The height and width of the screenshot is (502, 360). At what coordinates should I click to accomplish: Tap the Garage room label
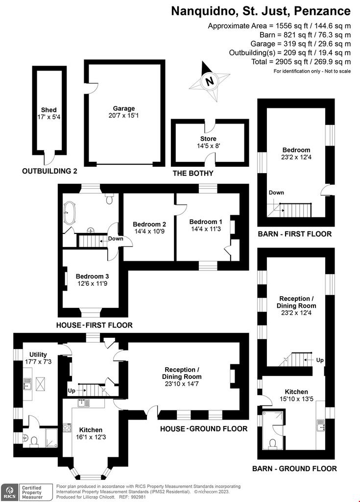click(124, 108)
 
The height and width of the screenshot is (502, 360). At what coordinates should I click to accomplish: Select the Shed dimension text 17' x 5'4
click(48, 117)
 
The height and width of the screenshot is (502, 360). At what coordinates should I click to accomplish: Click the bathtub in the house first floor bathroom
click(69, 213)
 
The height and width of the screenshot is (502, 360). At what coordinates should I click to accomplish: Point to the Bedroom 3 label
click(92, 276)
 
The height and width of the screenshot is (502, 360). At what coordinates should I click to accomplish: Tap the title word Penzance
click(322, 11)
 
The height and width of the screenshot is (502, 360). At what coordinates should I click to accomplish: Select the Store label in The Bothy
click(208, 139)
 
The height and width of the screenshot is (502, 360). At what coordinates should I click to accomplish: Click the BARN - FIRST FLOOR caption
click(295, 234)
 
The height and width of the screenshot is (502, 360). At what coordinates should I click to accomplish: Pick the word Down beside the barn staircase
click(276, 192)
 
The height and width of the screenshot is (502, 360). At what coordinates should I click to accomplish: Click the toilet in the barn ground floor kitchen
click(273, 443)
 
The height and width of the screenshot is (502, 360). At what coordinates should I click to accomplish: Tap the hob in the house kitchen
click(67, 427)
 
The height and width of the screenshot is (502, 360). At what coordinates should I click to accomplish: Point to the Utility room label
click(38, 355)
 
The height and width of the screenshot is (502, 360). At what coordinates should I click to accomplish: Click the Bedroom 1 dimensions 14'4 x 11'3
click(205, 229)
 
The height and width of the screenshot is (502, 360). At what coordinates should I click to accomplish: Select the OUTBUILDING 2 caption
click(49, 171)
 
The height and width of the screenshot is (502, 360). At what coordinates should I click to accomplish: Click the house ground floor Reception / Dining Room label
click(182, 373)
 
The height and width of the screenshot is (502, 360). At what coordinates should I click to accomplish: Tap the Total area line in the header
click(301, 62)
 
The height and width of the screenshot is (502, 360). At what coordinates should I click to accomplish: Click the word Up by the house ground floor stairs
click(72, 391)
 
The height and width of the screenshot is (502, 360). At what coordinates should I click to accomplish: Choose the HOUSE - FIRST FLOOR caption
click(95, 326)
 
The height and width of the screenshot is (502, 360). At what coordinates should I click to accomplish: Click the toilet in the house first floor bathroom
click(109, 200)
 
